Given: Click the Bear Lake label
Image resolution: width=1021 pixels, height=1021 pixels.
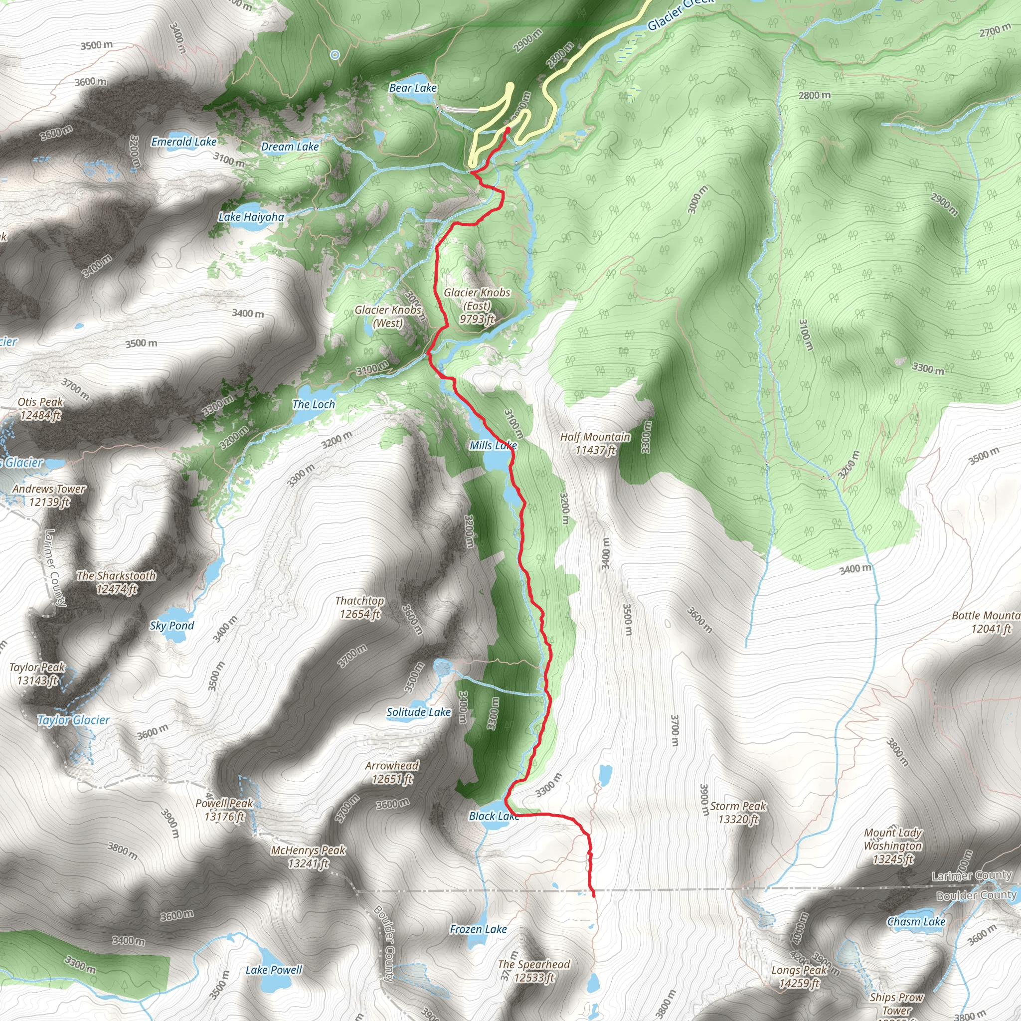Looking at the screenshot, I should point(413,88).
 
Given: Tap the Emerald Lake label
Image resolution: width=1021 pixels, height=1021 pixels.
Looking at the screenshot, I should point(184,142).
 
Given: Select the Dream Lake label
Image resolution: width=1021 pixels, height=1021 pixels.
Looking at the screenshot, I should point(290,147).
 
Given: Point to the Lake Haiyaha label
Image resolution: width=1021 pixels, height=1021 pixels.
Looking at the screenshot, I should point(252,217).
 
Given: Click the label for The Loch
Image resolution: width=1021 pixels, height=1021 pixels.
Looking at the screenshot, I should point(314,404).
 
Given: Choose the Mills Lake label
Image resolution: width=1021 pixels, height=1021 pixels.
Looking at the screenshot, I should point(493,446).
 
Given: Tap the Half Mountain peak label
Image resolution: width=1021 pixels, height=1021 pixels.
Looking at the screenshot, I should point(596,443).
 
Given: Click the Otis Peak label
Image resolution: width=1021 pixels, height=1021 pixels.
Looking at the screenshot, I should point(41,408).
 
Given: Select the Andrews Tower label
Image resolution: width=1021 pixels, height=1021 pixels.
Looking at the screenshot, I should point(49,495).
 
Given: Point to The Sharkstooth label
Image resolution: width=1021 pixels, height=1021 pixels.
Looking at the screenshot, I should point(117,582).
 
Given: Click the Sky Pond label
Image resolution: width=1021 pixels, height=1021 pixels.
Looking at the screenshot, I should point(172,626).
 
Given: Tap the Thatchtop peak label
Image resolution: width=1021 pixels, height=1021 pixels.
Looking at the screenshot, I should point(360,607).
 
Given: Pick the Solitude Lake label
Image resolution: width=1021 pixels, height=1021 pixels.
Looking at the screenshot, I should point(419,712).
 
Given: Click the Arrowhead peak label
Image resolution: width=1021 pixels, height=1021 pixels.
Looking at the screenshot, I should point(392,772).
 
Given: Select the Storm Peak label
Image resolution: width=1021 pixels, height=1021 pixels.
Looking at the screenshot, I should point(738,812).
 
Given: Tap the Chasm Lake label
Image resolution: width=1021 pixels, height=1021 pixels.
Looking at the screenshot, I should point(916,922).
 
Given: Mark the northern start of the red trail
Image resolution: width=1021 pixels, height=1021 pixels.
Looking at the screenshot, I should point(508,129).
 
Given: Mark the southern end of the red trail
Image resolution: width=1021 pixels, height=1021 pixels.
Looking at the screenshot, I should point(594,896).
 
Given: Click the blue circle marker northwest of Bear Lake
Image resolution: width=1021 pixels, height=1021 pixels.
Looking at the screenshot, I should point(335,54).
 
